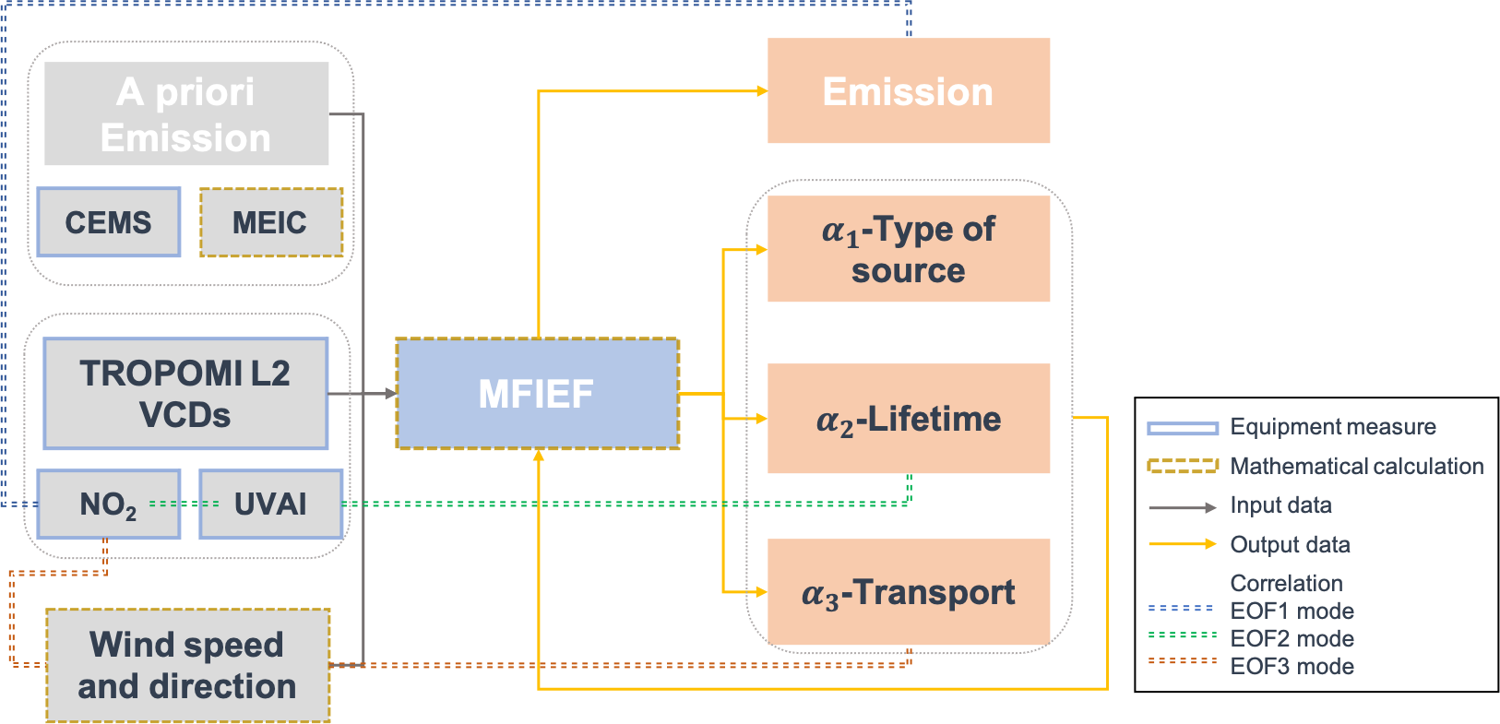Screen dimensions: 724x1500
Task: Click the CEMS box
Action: (109, 222)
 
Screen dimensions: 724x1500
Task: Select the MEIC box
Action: (271, 222)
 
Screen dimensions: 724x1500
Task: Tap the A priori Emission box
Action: (186, 113)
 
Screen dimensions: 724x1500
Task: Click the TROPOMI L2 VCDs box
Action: (185, 394)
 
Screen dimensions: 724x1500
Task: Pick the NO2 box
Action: (108, 504)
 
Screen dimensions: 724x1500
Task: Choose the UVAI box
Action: (271, 504)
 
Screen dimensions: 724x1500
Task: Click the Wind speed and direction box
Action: (187, 665)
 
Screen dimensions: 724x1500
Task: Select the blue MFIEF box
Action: (537, 394)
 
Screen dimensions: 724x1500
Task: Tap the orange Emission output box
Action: (909, 90)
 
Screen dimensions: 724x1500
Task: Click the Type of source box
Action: (909, 249)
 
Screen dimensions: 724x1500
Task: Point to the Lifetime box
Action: (909, 419)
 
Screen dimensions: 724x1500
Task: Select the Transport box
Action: (909, 592)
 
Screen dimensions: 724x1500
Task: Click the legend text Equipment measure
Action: (1333, 427)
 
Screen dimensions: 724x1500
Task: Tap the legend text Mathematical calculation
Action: (1357, 467)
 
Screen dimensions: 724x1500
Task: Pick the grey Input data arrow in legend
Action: (1183, 507)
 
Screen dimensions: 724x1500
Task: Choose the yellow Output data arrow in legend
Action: (1183, 544)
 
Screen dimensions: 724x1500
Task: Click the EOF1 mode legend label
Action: (1292, 611)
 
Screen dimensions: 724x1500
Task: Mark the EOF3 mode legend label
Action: (1292, 666)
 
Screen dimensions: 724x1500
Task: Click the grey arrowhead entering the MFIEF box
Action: (391, 394)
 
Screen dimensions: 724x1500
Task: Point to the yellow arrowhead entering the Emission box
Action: (762, 90)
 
